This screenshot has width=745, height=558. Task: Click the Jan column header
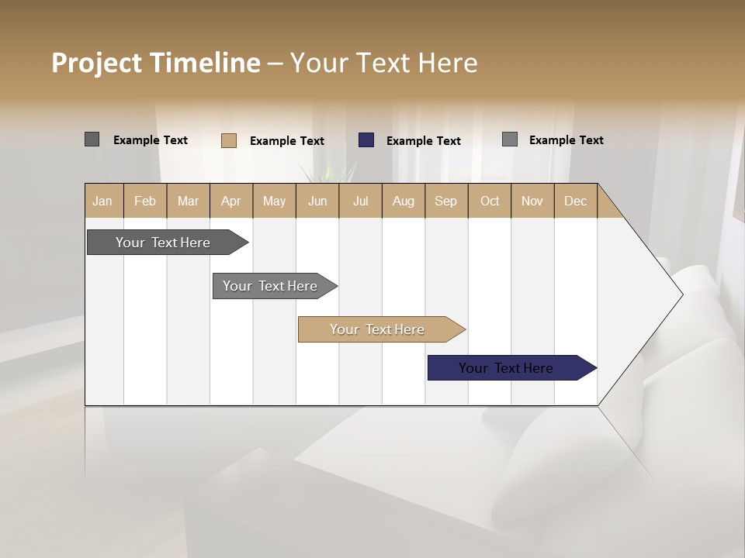click(x=102, y=201)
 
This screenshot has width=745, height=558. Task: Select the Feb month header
click(x=145, y=201)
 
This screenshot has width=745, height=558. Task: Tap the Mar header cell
click(x=188, y=201)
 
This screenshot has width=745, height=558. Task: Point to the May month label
click(x=274, y=201)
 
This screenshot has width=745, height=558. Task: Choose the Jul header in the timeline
click(x=360, y=201)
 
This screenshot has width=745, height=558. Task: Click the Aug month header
click(x=403, y=201)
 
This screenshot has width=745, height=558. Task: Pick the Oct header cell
click(x=490, y=201)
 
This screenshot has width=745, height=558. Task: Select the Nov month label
click(x=532, y=201)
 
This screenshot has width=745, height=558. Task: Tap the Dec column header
click(x=575, y=201)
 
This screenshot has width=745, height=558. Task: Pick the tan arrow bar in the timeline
click(x=378, y=329)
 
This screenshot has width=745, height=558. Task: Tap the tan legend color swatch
click(x=229, y=140)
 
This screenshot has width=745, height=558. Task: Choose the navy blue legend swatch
click(x=366, y=140)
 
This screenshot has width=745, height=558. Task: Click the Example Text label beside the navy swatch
click(x=424, y=141)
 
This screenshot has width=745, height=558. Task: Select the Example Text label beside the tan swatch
click(x=287, y=141)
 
